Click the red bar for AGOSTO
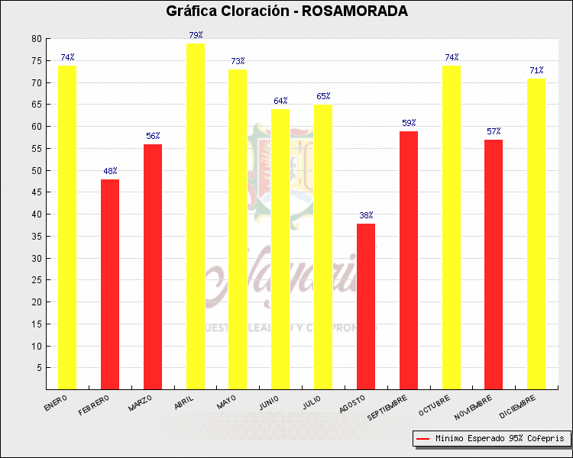click(366, 306)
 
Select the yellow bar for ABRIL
click(196, 216)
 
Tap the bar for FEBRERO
click(110, 284)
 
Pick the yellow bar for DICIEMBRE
click(536, 234)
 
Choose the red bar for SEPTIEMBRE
click(409, 260)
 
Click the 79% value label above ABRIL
click(196, 35)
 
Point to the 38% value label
click(366, 215)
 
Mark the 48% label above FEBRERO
click(110, 171)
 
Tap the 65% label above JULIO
click(323, 96)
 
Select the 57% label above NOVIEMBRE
click(494, 131)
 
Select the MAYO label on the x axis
click(226, 402)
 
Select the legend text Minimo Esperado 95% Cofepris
click(500, 439)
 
